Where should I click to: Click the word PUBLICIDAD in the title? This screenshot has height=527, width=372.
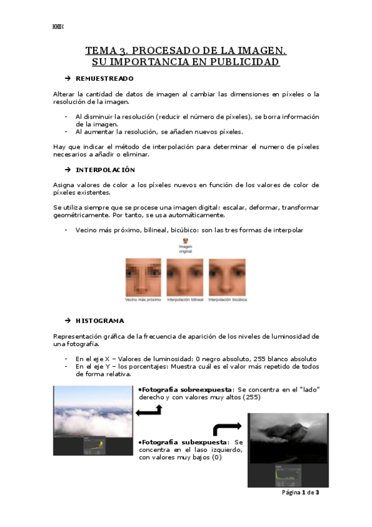pos(247,62)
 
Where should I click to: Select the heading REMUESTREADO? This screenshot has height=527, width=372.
pos(104,79)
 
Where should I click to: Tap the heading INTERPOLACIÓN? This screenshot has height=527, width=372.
pos(105,170)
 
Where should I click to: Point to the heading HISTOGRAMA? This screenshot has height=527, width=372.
pos(99,321)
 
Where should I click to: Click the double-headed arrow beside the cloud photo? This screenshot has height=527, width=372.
pos(149,410)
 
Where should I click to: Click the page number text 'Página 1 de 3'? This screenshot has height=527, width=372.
pos(301,493)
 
